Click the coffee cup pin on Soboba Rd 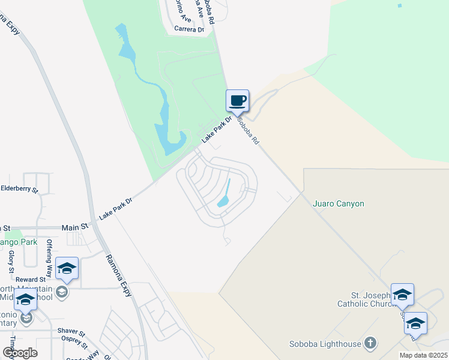[x=237, y=100]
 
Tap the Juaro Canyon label [x=339, y=203]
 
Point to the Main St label [x=75, y=227]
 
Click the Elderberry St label [x=19, y=189]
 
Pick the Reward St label [x=31, y=280]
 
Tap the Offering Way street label [x=50, y=255]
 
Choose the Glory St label [x=11, y=262]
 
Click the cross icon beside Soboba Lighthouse [x=371, y=343]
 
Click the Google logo [x=20, y=352]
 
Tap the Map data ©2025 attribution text [x=423, y=355]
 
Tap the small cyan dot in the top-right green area [x=399, y=6]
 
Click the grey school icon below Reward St [x=61, y=292]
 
